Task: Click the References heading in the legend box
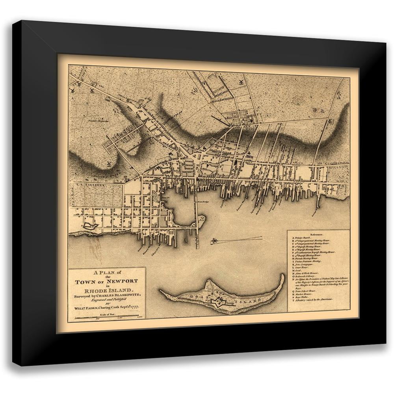click(x=318, y=234)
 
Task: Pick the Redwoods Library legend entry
click(x=305, y=276)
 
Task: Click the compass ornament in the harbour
click(x=215, y=240)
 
